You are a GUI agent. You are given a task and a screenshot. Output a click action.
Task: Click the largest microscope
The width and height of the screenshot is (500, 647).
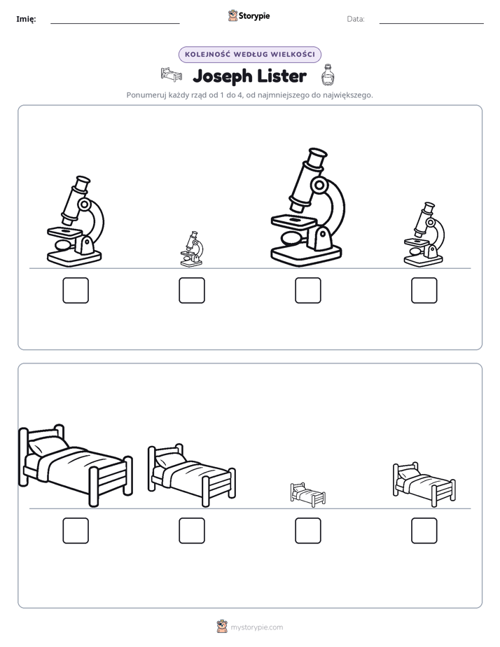pyautogui.click(x=306, y=207)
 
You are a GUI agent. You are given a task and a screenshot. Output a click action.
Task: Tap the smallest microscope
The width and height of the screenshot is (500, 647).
pyautogui.click(x=192, y=249)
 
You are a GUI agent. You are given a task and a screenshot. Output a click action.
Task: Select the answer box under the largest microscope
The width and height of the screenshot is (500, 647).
pyautogui.click(x=307, y=291)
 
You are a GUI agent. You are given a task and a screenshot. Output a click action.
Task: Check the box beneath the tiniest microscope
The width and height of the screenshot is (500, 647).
pyautogui.click(x=192, y=291)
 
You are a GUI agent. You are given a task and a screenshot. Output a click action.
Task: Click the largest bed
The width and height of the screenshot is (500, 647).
pyautogui.click(x=76, y=465)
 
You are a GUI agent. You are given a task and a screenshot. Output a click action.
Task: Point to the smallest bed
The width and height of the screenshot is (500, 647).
pyautogui.click(x=307, y=494)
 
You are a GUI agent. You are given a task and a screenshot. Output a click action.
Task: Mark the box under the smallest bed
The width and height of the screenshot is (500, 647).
pyautogui.click(x=307, y=531)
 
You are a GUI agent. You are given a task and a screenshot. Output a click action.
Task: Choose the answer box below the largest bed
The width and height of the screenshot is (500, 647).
pyautogui.click(x=76, y=531)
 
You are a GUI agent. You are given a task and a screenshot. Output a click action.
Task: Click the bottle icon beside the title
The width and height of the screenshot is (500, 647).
pyautogui.click(x=328, y=75)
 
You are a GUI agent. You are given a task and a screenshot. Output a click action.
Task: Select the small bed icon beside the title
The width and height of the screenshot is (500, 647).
pyautogui.click(x=171, y=75)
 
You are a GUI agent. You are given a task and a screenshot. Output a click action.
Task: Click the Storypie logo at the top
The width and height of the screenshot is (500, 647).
pyautogui.click(x=249, y=15)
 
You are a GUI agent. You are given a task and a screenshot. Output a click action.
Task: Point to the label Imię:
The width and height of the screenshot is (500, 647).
pyautogui.click(x=26, y=19)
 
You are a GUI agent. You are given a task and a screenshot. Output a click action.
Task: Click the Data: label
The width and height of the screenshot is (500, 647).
pyautogui.click(x=356, y=19)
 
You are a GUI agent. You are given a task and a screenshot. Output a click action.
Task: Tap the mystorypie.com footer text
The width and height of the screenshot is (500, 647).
pyautogui.click(x=256, y=627)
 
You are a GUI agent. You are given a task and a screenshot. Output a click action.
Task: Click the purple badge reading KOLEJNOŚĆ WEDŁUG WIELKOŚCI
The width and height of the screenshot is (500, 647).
pyautogui.click(x=249, y=55)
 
